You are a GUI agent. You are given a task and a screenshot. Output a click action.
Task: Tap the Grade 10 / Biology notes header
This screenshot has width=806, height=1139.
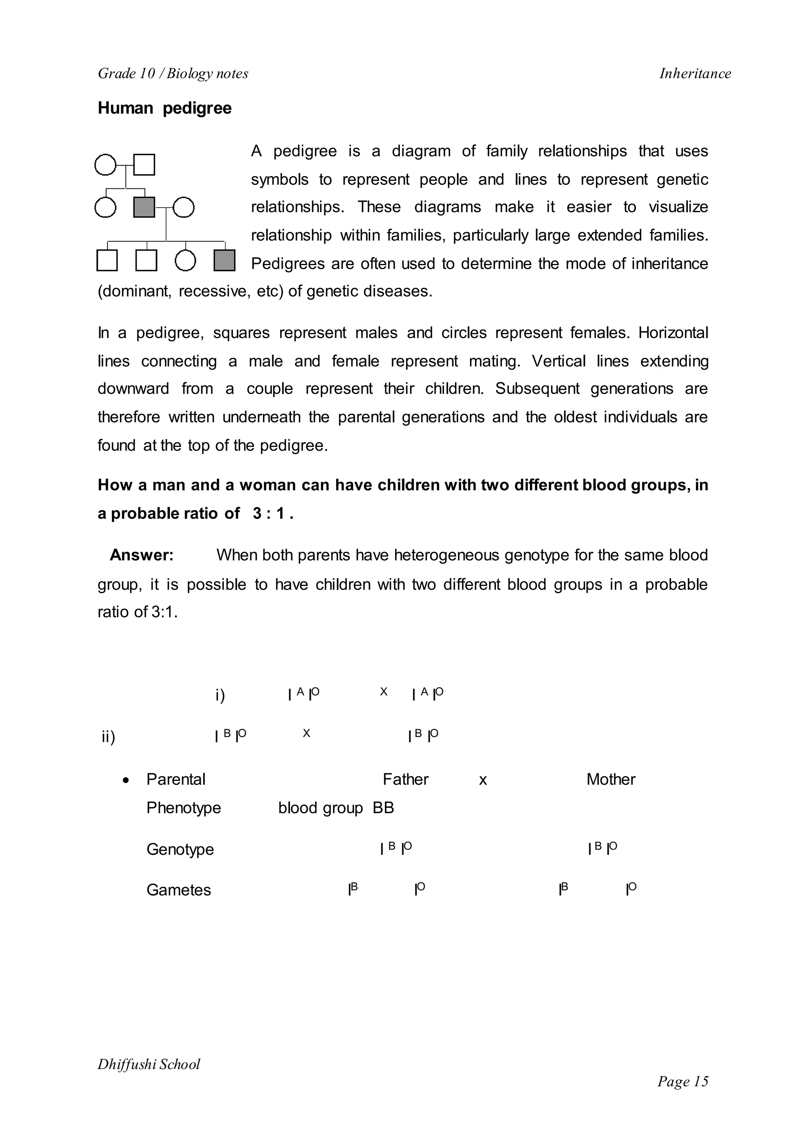173,74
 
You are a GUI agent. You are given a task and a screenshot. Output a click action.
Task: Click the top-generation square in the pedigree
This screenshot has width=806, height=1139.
144,165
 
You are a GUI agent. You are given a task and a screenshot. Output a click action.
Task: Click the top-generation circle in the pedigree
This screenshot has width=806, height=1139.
105,165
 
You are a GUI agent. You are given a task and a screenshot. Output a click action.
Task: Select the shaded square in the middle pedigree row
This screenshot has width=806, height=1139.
144,207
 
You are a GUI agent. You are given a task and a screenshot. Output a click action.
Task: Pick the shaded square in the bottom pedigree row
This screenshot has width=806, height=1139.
224,260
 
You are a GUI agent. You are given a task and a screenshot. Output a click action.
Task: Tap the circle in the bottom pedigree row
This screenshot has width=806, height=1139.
185,260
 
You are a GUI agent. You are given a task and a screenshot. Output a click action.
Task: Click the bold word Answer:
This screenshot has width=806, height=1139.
141,555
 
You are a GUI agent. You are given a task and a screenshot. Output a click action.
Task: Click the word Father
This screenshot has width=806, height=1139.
405,780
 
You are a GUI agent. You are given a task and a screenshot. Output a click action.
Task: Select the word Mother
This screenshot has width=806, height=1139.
610,780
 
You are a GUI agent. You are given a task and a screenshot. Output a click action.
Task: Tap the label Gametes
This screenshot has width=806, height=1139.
178,890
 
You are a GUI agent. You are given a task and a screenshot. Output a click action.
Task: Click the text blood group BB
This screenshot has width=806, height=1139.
335,808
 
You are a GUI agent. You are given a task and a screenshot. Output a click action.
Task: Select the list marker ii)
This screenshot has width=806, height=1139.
108,737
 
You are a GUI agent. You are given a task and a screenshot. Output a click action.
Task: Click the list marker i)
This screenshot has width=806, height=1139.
220,695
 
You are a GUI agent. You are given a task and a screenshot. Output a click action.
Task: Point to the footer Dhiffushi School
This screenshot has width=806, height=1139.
148,1065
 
